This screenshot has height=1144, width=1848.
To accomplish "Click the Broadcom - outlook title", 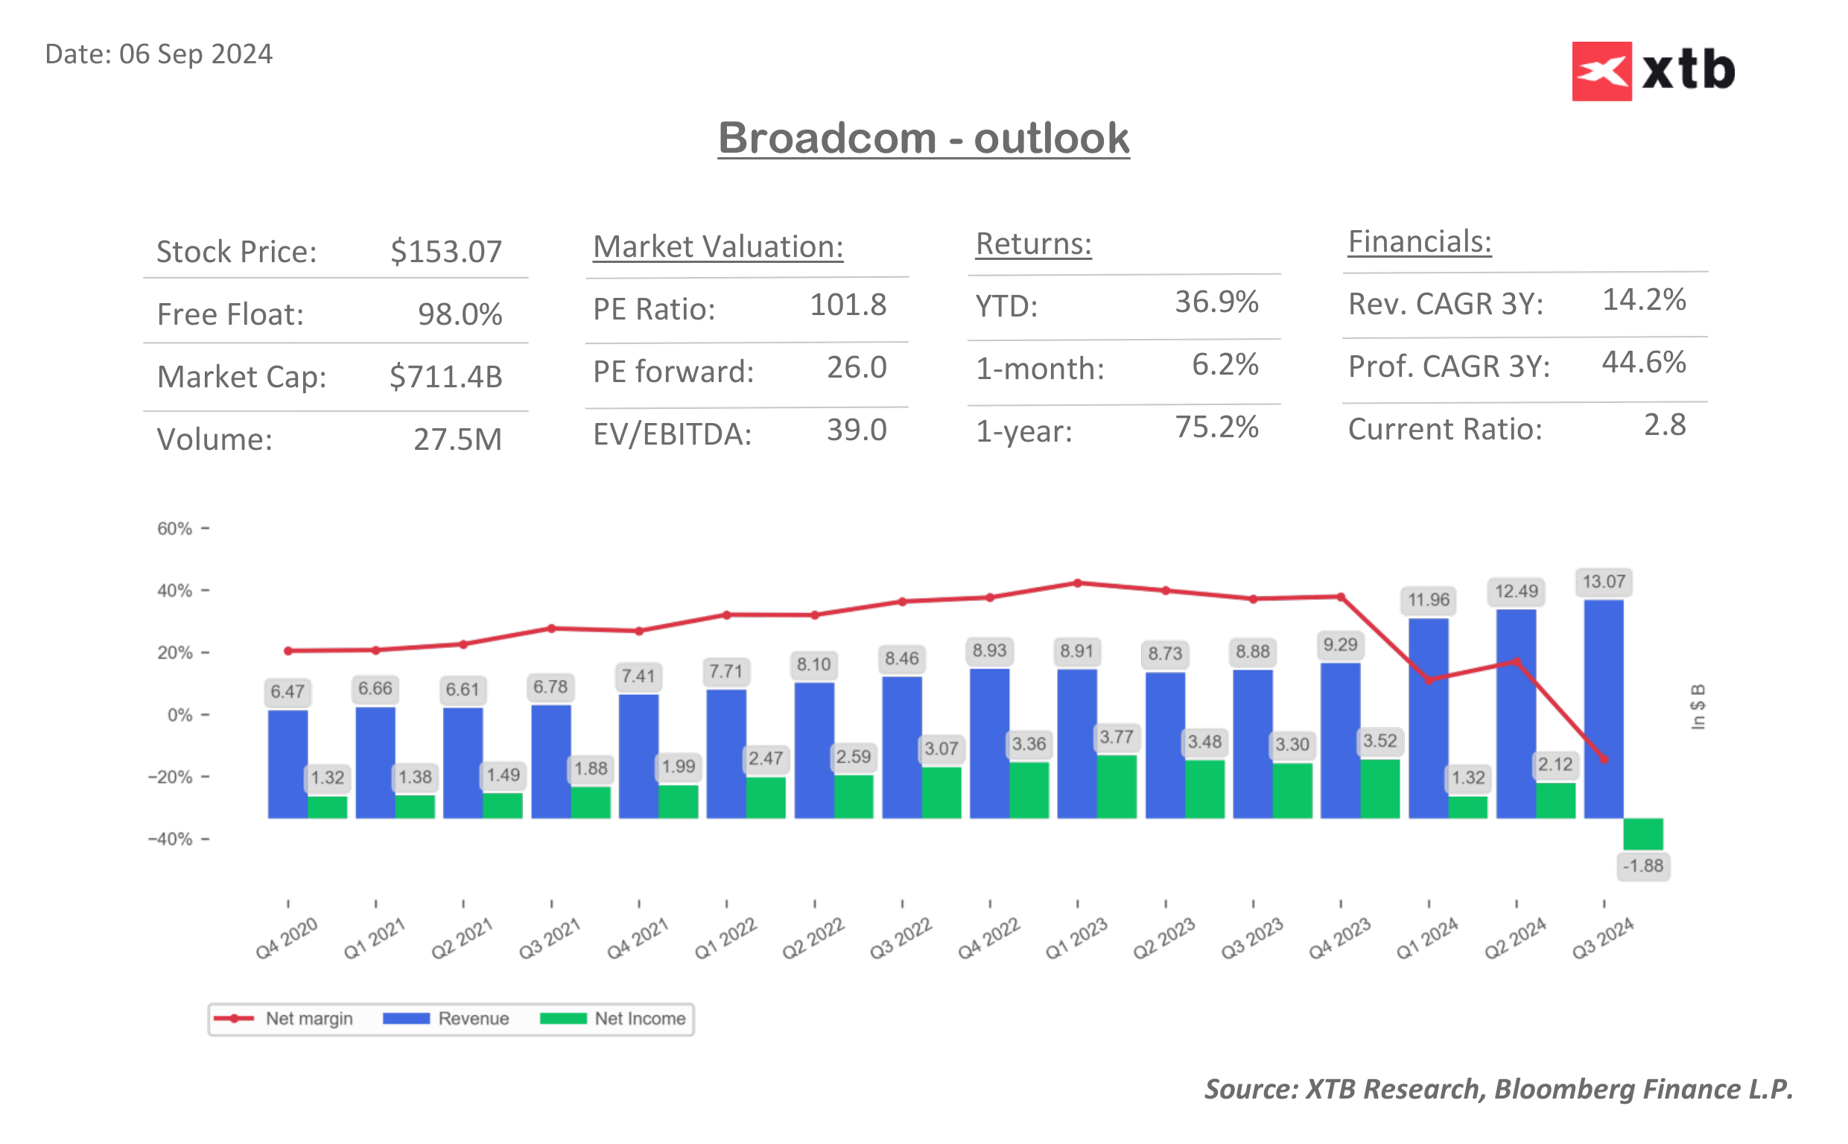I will pyautogui.click(x=923, y=138).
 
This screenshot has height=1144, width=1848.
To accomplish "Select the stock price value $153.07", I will pyautogui.click(x=445, y=252).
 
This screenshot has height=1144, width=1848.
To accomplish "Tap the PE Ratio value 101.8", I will pyautogui.click(x=847, y=305).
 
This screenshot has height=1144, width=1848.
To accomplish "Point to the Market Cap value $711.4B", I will pyautogui.click(x=445, y=377).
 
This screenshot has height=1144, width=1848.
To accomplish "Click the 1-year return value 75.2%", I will pyautogui.click(x=1216, y=428).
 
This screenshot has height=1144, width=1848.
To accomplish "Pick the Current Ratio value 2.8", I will pyautogui.click(x=1663, y=425).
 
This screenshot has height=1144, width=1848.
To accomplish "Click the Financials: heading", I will pyautogui.click(x=1419, y=242).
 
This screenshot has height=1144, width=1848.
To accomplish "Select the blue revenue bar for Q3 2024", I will pyautogui.click(x=1603, y=708).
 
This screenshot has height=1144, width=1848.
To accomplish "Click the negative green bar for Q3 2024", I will pyautogui.click(x=1642, y=833).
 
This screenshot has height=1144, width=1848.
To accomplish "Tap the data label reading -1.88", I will pyautogui.click(x=1642, y=866).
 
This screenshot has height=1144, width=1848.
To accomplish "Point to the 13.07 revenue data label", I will pyautogui.click(x=1603, y=582).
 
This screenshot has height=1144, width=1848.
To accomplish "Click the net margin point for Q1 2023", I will pyautogui.click(x=1077, y=583).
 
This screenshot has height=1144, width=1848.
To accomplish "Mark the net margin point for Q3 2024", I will pyautogui.click(x=1604, y=759).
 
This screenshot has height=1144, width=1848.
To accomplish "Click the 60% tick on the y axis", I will pyautogui.click(x=175, y=529).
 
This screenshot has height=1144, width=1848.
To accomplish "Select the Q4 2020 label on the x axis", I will pyautogui.click(x=287, y=938).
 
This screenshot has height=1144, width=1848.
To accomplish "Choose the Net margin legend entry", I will pyautogui.click(x=284, y=1019).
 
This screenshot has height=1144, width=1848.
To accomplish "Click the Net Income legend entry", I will pyautogui.click(x=614, y=1019).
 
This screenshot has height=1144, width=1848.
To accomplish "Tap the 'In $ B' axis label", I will pyautogui.click(x=1698, y=707).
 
